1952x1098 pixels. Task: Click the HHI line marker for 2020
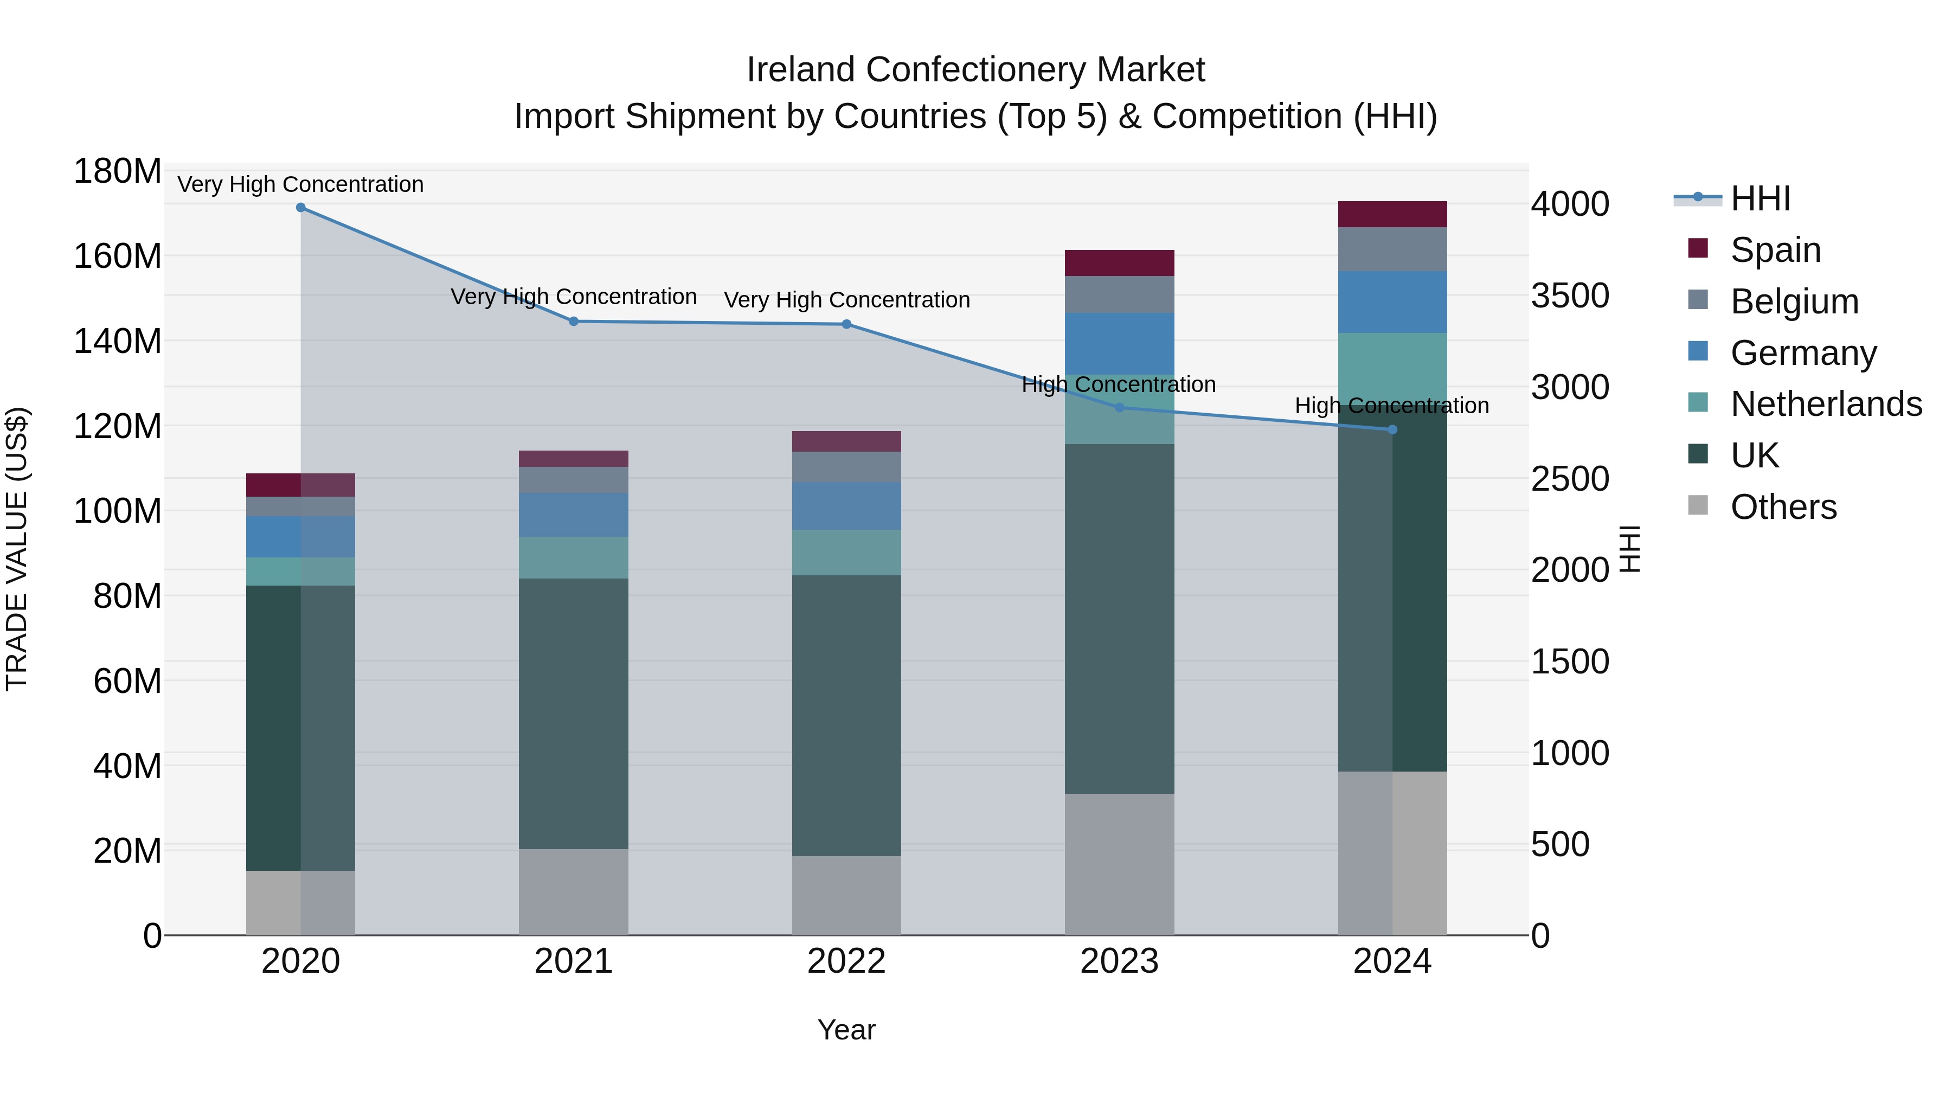301,208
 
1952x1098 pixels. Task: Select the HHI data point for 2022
846,324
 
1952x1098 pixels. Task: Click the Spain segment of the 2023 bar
1119,263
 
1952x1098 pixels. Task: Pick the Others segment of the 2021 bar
574,892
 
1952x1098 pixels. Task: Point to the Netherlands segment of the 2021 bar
574,558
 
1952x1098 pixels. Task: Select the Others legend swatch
1698,505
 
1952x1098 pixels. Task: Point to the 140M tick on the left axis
118,341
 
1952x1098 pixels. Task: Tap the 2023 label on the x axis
1119,961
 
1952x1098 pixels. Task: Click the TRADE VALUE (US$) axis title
17,549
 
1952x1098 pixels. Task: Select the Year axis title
846,1030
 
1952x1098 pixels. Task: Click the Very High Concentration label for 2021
574,296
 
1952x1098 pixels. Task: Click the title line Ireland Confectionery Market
975,70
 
